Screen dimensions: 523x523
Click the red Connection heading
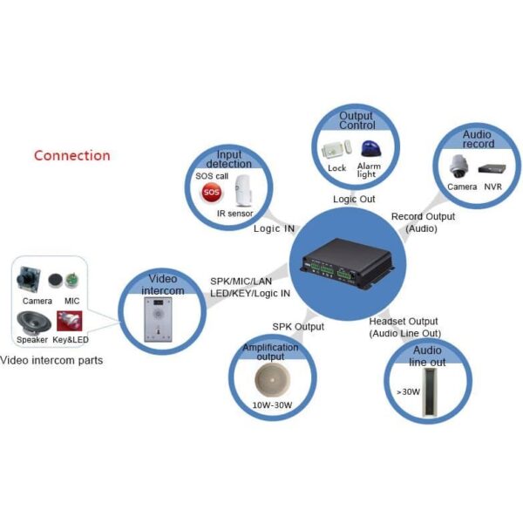point(71,156)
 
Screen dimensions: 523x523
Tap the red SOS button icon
point(210,192)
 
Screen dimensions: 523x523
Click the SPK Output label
point(297,327)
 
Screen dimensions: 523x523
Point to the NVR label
point(492,187)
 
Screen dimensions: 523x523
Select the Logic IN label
point(274,229)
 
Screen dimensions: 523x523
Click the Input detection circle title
point(228,158)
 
